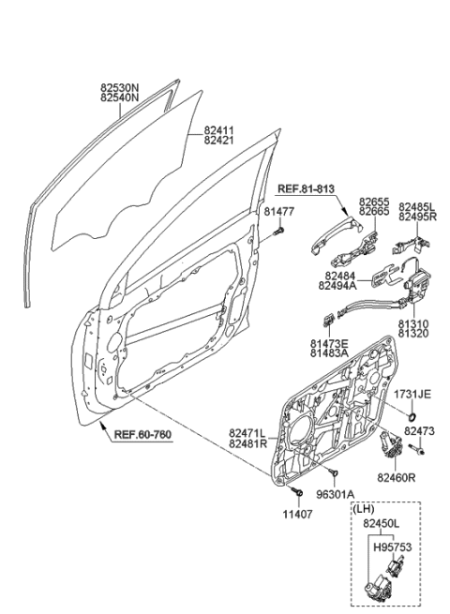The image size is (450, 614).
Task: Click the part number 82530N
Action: click(119, 85)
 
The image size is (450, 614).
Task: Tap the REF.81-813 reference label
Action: click(306, 190)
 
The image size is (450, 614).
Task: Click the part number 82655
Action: click(372, 202)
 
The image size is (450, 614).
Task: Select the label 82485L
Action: click(417, 206)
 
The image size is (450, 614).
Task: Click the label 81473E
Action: click(330, 345)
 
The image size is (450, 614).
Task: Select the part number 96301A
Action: click(336, 494)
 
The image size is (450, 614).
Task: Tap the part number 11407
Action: click(298, 515)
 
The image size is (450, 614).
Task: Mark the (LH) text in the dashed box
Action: click(366, 508)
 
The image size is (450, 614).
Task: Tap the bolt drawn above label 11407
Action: click(296, 491)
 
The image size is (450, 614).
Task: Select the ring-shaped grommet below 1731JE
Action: click(411, 414)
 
